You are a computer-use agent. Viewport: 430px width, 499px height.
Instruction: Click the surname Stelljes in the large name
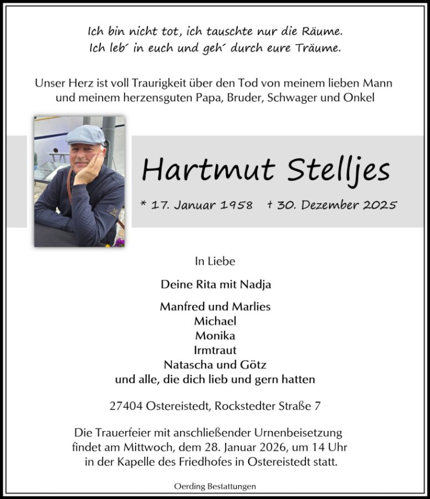tap(339, 170)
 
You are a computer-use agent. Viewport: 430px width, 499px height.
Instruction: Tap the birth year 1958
tap(236, 205)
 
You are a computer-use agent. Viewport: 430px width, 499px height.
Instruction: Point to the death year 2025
tap(380, 205)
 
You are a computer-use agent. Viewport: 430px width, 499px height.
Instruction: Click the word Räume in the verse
tap(320, 32)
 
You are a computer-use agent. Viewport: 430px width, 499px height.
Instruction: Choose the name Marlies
tap(252, 307)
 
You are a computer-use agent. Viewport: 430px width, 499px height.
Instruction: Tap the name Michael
tap(215, 321)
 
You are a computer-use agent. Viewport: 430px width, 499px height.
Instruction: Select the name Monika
tap(215, 336)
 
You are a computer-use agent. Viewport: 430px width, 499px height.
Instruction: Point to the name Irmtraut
tap(215, 350)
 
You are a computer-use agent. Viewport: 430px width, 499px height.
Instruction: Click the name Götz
tap(254, 365)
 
